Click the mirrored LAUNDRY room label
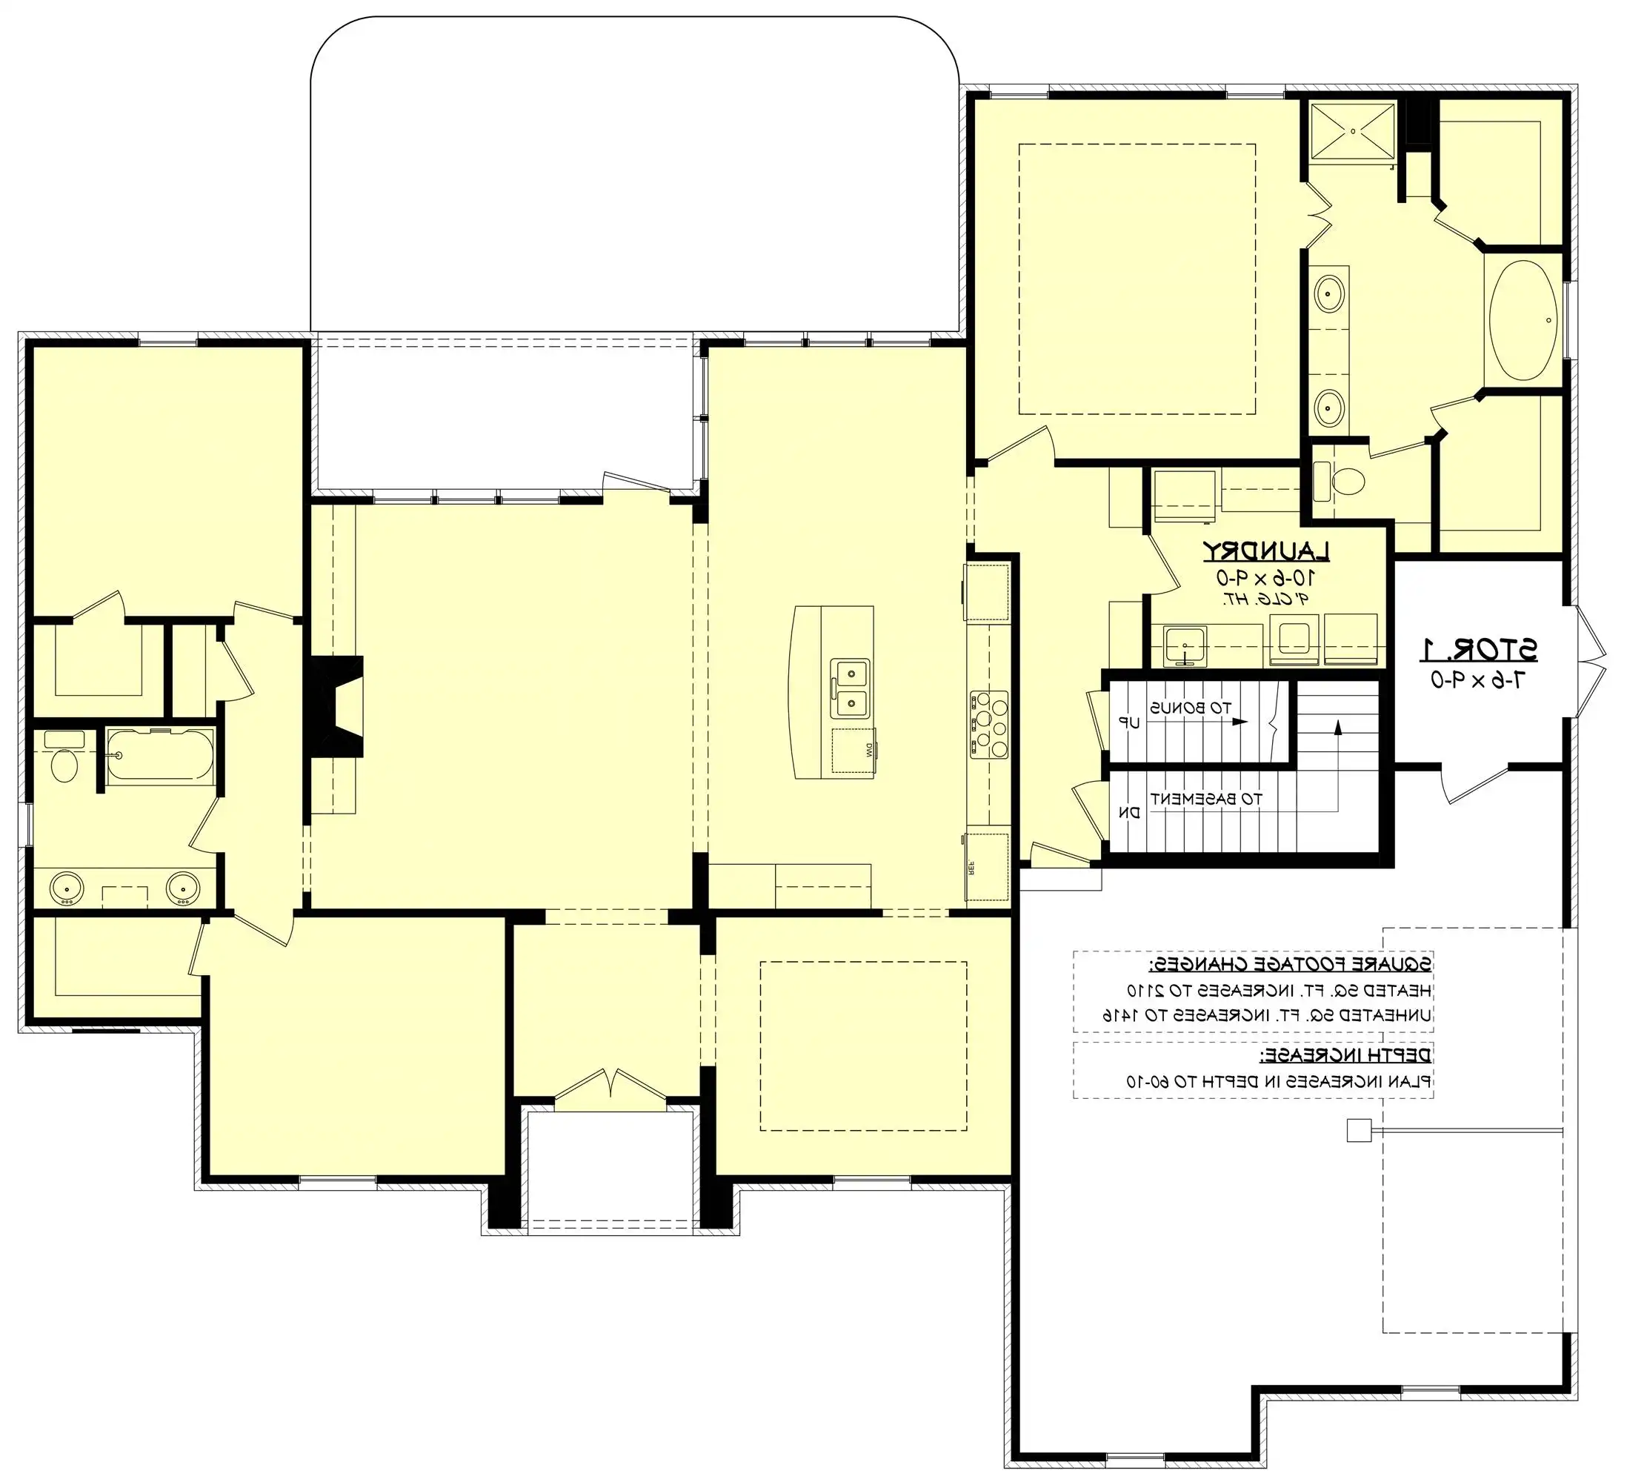point(1266,551)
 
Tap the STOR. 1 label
point(1479,649)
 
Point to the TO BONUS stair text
point(1191,708)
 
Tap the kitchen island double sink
point(850,688)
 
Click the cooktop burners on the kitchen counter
point(989,724)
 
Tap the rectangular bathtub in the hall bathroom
point(161,756)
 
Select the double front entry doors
point(611,1086)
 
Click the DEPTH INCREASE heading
point(1346,1055)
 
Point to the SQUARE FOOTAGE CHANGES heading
point(1290,964)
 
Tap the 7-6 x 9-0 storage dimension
point(1479,679)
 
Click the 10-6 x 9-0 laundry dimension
point(1265,578)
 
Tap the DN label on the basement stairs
point(1132,813)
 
